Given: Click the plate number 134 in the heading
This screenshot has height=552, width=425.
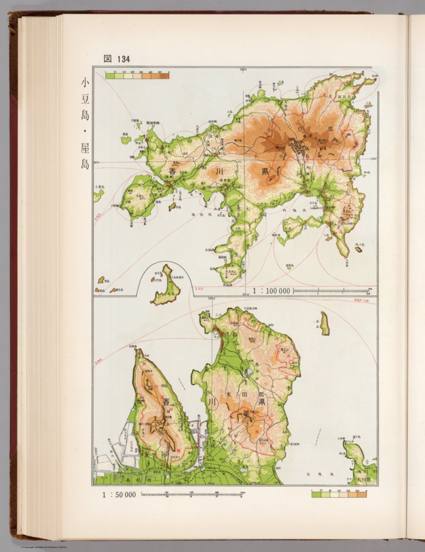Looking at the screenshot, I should [x=123, y=59].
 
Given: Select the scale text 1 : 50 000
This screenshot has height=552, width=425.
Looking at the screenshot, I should [x=119, y=495].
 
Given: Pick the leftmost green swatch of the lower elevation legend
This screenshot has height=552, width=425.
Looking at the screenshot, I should [x=316, y=494].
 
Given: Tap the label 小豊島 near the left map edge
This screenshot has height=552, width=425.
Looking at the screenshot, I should [x=100, y=187].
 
